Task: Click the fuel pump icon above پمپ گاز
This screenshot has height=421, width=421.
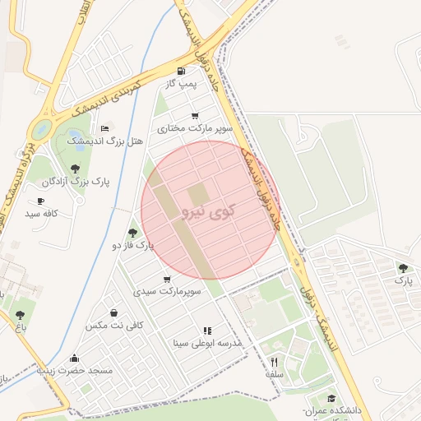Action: point(181,72)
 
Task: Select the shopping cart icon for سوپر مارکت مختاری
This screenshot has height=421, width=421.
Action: point(195,116)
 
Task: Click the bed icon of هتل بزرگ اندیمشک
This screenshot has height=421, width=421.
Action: point(104,128)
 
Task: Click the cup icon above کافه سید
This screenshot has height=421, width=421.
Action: point(40,201)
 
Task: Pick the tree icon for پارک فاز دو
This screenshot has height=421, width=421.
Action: point(132,233)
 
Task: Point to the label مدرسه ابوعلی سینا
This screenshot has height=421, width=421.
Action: point(206,343)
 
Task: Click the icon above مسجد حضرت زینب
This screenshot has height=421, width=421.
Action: point(75,359)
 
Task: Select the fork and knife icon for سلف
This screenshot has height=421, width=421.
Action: point(275,361)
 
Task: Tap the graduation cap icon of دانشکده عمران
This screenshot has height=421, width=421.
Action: point(331,399)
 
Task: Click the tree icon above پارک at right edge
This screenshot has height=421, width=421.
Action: point(402,267)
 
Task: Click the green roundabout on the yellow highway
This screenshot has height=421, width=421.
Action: point(40,129)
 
